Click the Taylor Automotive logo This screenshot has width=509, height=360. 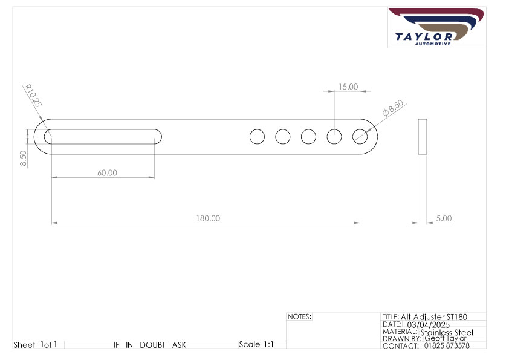pyautogui.click(x=436, y=27)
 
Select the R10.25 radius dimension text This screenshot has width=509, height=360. pyautogui.click(x=33, y=96)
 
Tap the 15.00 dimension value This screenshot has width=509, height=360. pyautogui.click(x=348, y=87)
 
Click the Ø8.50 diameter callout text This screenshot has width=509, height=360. pyautogui.click(x=393, y=108)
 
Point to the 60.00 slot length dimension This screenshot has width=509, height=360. pyautogui.click(x=107, y=173)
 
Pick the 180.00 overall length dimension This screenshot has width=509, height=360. pyautogui.click(x=208, y=218)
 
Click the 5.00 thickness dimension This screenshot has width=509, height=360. pyautogui.click(x=444, y=218)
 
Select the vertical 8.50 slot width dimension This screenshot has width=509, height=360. pyautogui.click(x=23, y=159)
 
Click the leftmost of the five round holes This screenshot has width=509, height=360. pyautogui.click(x=257, y=137)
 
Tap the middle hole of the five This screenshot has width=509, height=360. pyautogui.click(x=308, y=137)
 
